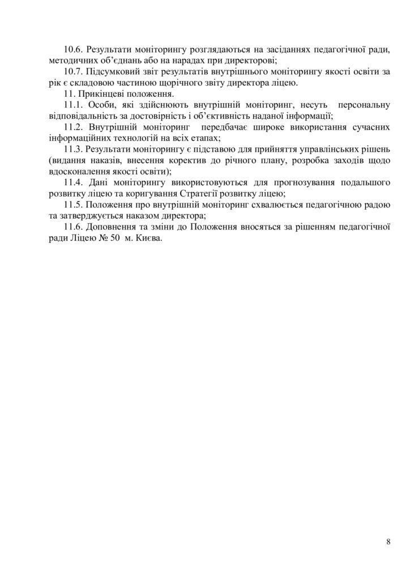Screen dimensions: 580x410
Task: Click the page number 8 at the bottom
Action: pyautogui.click(x=388, y=542)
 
